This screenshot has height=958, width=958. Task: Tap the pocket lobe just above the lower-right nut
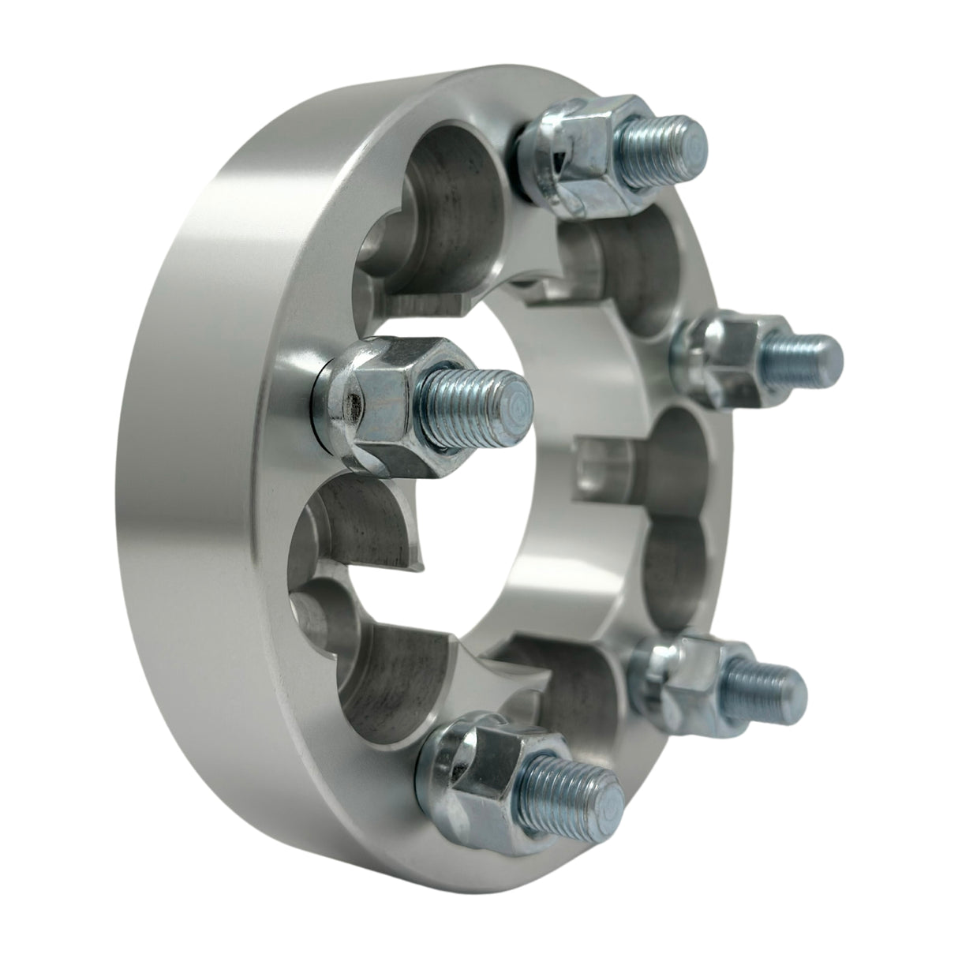coord(671,576)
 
